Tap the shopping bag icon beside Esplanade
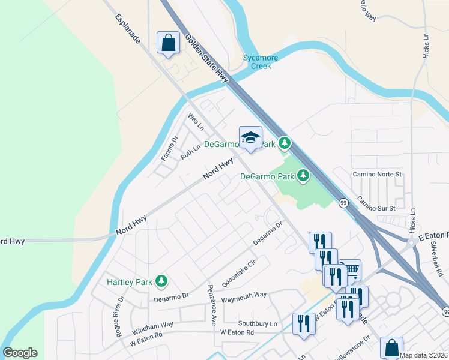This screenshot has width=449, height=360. coord(167,43)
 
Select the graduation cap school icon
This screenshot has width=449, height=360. coord(250,138)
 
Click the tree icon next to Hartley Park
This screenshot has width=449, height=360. coord(161,280)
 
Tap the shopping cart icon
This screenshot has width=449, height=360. coord(351,269)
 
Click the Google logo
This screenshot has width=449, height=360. coord(20,353)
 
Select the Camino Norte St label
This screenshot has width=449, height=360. coord(380,174)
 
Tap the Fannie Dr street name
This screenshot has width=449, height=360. coord(170,148)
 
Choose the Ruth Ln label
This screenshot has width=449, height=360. coord(190,152)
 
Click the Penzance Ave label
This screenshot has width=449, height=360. coord(212,305)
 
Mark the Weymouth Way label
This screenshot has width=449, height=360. coord(244,295)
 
